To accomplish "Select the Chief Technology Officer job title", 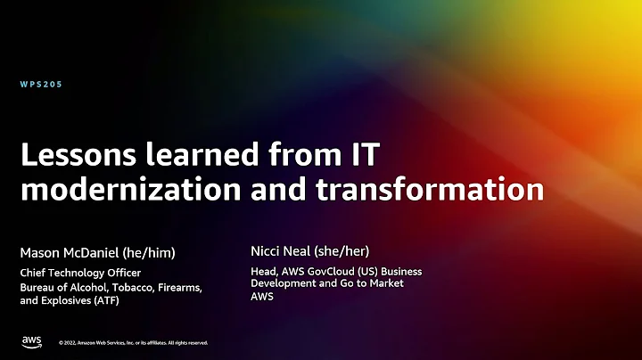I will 80,273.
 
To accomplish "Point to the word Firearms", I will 173,286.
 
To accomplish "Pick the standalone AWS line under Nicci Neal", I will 262,297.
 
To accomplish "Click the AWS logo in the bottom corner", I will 32,341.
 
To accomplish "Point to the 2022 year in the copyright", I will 70,342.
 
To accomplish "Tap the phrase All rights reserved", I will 184,342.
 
